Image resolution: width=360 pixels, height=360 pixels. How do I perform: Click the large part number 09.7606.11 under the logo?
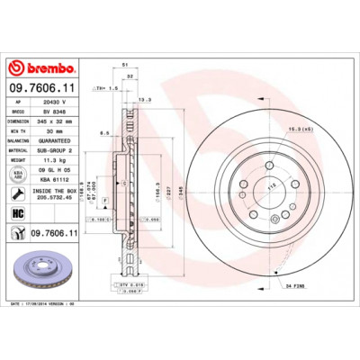click(x=44, y=86)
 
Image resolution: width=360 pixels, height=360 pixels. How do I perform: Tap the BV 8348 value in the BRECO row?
click(x=55, y=112)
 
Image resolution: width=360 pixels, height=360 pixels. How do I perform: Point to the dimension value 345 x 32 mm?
click(x=57, y=121)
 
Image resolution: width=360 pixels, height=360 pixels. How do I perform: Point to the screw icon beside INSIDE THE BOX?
click(x=17, y=193)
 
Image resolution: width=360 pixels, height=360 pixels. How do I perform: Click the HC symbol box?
click(x=17, y=212)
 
